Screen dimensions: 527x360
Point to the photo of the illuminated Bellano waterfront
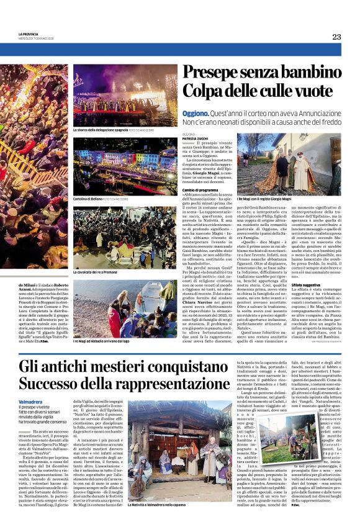click(125, 167)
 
